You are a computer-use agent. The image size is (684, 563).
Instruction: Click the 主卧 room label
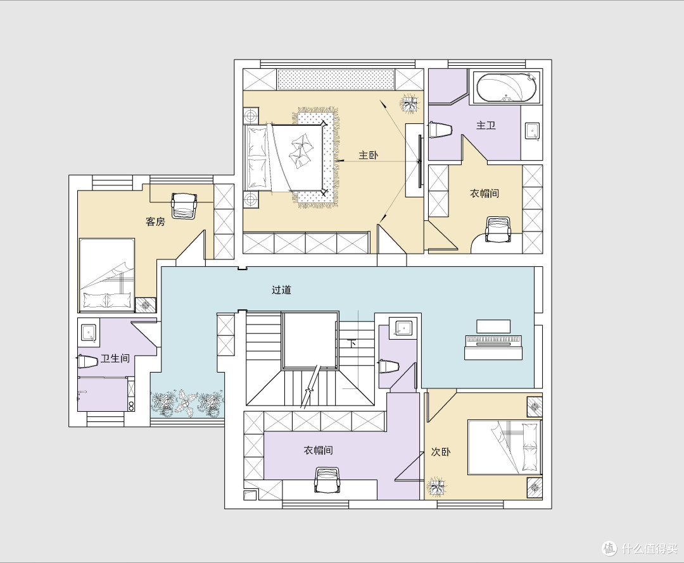pyautogui.click(x=368, y=155)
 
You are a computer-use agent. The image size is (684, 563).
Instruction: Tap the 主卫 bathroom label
pyautogui.click(x=486, y=125)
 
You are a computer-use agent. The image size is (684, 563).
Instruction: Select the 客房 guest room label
pyautogui.click(x=155, y=222)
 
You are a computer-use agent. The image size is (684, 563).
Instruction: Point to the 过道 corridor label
pyautogui.click(x=281, y=290)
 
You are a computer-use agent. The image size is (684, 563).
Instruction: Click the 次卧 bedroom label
pyautogui.click(x=441, y=452)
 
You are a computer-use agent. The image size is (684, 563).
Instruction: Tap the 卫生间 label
pyautogui.click(x=115, y=359)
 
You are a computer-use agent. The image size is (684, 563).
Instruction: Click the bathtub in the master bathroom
pyautogui.click(x=506, y=87)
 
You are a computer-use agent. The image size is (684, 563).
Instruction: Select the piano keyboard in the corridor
pyautogui.click(x=493, y=340)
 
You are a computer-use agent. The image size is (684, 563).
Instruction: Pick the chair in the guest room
pyautogui.click(x=184, y=205)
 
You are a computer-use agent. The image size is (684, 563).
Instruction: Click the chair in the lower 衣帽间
pyautogui.click(x=327, y=479)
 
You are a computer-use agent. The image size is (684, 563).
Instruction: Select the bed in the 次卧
pyautogui.click(x=504, y=447)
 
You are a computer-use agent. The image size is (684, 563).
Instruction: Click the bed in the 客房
pyautogui.click(x=106, y=275)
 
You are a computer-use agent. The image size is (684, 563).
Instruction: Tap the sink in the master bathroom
pyautogui.click(x=532, y=131)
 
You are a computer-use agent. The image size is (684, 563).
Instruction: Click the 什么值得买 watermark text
pyautogui.click(x=649, y=548)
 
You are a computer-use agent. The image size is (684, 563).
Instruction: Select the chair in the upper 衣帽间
pyautogui.click(x=498, y=229)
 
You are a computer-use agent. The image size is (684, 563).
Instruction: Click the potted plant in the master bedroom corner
pyautogui.click(x=409, y=104)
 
